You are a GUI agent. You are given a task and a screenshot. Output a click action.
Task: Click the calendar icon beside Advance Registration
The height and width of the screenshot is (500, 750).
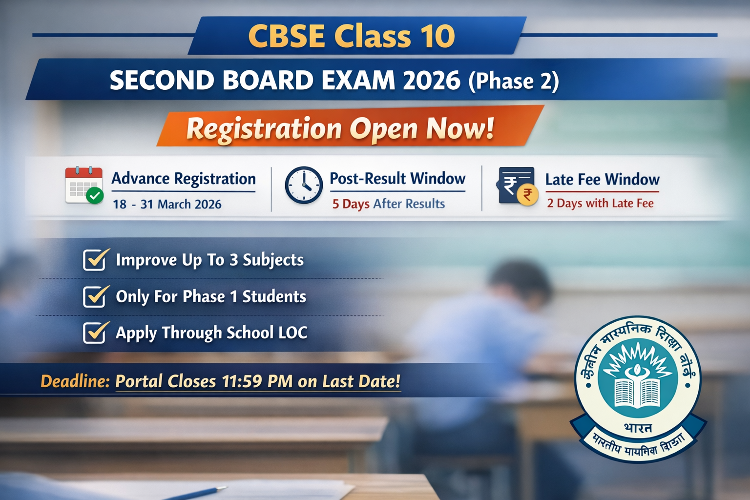point(83,185)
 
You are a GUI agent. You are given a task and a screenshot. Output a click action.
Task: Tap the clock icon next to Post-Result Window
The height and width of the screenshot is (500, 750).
point(304,186)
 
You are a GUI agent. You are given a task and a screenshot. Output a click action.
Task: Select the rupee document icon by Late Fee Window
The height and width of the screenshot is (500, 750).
point(517,186)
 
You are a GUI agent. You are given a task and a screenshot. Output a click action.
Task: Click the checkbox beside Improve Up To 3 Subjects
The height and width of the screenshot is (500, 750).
point(95,259)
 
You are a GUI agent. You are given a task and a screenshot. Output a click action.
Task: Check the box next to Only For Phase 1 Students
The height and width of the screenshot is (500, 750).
point(95,296)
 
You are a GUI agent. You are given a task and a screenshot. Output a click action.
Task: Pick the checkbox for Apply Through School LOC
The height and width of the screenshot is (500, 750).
point(95,333)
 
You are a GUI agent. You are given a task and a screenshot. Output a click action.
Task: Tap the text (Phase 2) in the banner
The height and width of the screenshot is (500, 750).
point(514,82)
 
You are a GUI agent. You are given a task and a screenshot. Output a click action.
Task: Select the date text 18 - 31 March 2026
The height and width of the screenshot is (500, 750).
point(167,204)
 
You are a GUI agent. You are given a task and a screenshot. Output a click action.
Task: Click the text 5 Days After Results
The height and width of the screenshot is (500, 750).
point(389,204)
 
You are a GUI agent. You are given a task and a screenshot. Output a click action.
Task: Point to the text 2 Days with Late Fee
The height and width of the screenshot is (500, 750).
point(600,203)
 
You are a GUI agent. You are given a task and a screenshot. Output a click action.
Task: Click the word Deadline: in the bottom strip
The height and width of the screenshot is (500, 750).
point(75,381)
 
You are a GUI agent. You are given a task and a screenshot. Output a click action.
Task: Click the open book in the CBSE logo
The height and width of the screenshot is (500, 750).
point(637,391)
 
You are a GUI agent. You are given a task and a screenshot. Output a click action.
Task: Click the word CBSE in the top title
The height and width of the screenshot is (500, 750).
point(287,36)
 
